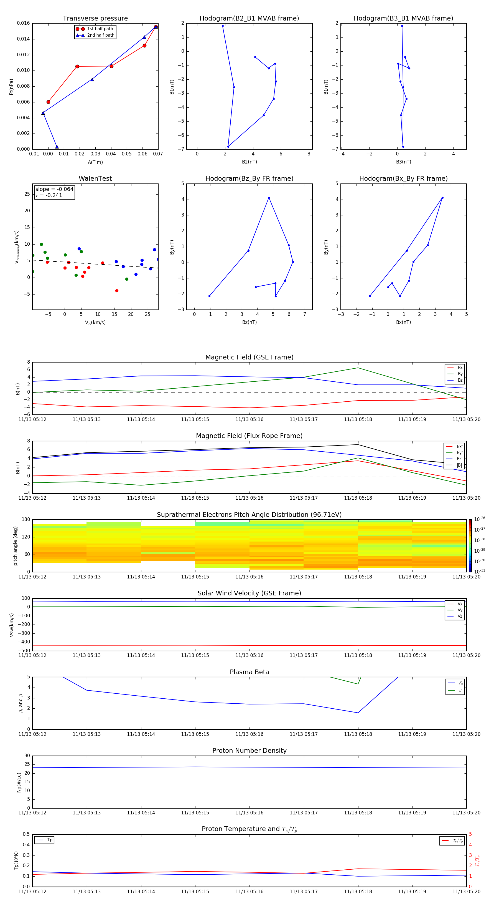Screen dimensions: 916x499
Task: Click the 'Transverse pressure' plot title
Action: click(x=95, y=19)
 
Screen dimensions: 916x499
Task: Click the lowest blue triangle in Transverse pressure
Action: click(x=57, y=147)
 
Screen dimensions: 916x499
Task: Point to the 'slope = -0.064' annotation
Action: click(x=54, y=189)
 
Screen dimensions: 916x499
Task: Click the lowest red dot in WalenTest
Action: click(x=117, y=291)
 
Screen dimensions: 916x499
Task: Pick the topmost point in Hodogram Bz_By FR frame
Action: click(x=269, y=198)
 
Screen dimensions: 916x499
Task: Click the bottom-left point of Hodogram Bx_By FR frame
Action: click(x=370, y=296)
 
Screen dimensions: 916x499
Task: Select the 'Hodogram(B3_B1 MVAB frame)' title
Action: click(x=403, y=19)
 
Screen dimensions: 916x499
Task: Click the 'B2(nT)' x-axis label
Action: click(x=249, y=162)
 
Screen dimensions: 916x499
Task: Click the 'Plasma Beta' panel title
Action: click(x=249, y=672)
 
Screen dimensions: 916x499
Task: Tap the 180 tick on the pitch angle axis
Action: click(x=26, y=520)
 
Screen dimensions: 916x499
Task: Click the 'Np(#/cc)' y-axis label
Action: click(x=19, y=782)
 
